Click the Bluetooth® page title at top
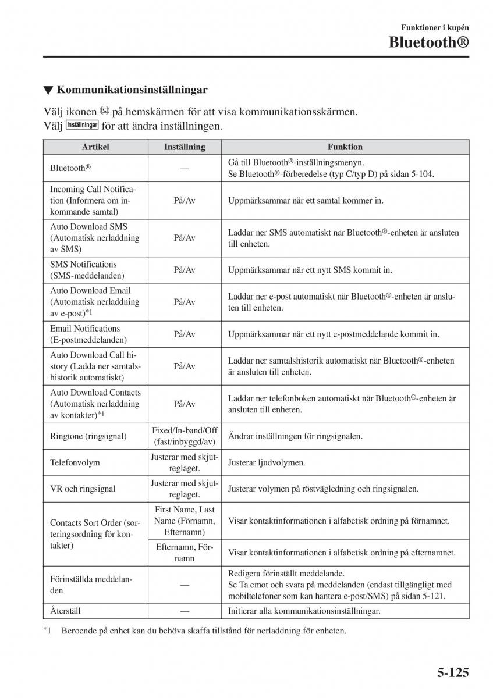click(x=428, y=42)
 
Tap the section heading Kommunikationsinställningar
click(x=133, y=90)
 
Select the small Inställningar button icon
click(x=82, y=125)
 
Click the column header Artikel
click(x=95, y=147)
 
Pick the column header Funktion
click(x=345, y=147)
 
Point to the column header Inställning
click(x=185, y=147)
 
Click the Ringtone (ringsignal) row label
click(x=88, y=436)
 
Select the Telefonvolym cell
click(x=75, y=462)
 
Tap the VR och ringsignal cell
click(x=83, y=489)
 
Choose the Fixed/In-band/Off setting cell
click(x=185, y=436)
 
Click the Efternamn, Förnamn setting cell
click(x=185, y=552)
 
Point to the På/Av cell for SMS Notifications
click(x=185, y=270)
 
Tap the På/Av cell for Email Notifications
click(x=185, y=334)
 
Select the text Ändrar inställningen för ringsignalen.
click(x=295, y=436)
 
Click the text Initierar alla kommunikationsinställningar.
click(x=304, y=611)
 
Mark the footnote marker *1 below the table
click(x=48, y=631)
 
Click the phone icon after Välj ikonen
click(x=104, y=111)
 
